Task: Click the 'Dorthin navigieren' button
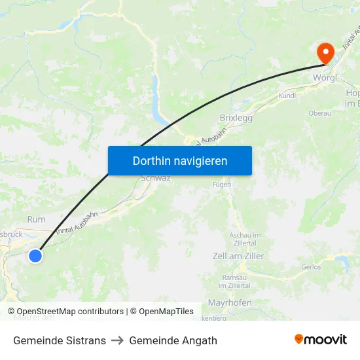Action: click(180, 160)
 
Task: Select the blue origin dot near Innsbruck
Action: click(35, 256)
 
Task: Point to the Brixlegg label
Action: click(236, 118)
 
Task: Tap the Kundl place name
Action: click(287, 96)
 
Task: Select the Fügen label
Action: click(222, 185)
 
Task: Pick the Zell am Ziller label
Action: click(239, 256)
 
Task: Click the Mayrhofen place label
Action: click(229, 302)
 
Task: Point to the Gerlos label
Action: click(311, 267)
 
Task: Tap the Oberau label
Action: click(319, 113)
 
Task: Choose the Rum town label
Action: click(36, 219)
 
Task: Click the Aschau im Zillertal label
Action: click(245, 238)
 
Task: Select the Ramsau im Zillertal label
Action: click(234, 281)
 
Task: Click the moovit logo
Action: click(321, 340)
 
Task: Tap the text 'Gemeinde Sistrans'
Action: click(60, 340)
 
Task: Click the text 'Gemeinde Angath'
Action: click(173, 340)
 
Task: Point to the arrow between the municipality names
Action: click(117, 340)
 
